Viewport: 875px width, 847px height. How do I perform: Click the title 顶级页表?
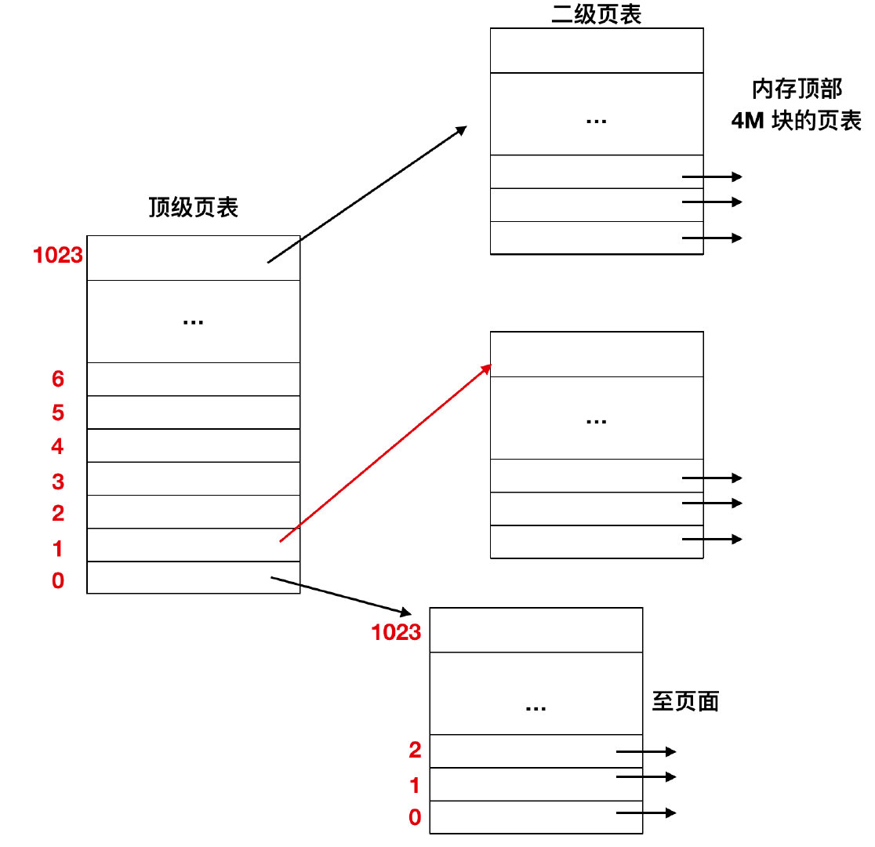point(193,208)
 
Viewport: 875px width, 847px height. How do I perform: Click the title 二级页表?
point(597,14)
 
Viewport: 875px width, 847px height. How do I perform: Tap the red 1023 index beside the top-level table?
point(58,255)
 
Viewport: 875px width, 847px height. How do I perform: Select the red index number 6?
point(58,380)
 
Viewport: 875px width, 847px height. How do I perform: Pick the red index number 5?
point(58,413)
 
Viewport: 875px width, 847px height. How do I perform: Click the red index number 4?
point(58,447)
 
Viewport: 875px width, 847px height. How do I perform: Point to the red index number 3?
point(58,481)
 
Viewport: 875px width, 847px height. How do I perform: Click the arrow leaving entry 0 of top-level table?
point(340,596)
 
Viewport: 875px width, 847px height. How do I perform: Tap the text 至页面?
point(684,702)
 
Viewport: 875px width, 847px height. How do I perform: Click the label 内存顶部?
point(797,89)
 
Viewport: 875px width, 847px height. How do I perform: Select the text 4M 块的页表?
point(796,122)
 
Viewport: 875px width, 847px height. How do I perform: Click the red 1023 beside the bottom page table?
point(396,632)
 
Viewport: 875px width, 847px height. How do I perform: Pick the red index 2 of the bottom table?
point(415,751)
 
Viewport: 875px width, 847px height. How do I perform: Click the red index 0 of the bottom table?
point(415,818)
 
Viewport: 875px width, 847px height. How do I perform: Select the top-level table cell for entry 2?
point(193,511)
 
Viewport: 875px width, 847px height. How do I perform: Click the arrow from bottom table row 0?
point(646,813)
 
